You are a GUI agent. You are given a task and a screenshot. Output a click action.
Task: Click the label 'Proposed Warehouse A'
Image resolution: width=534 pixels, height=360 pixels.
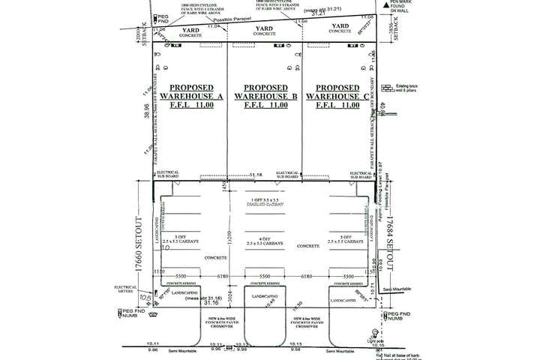tap(190, 92)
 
